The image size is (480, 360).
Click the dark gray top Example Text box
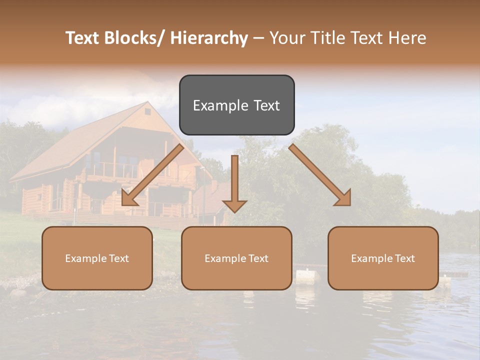pos(236,105)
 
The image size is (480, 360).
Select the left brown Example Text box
pos(97,258)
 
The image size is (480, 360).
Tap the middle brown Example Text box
pos(236,258)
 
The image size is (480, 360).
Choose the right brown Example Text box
pos(383,258)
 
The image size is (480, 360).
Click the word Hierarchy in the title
pos(209,38)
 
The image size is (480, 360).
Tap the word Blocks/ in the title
pos(131,38)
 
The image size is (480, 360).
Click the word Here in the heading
pos(408,38)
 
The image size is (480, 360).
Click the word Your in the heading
pos(287,38)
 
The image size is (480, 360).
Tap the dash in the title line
pos(258,38)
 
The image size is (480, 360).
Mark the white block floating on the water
pos(307,276)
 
